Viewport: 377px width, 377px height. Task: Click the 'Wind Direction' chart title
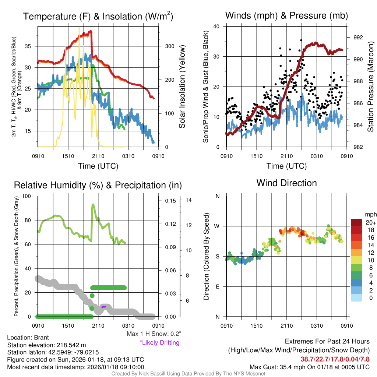tap(286, 183)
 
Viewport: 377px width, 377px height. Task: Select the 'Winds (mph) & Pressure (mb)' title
tap(286, 15)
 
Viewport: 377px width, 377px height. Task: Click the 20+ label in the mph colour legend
tap(370, 222)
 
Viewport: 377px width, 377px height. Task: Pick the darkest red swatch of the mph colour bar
tap(357, 222)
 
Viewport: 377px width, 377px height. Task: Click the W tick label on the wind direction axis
tap(217, 226)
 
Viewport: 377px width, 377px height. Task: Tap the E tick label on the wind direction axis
tap(218, 286)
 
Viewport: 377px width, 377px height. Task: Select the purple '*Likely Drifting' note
tap(159, 342)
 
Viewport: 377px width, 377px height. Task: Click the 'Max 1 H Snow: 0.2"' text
tap(154, 334)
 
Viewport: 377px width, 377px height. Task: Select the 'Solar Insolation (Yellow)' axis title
tap(182, 87)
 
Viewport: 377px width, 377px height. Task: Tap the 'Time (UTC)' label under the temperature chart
tap(98, 166)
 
